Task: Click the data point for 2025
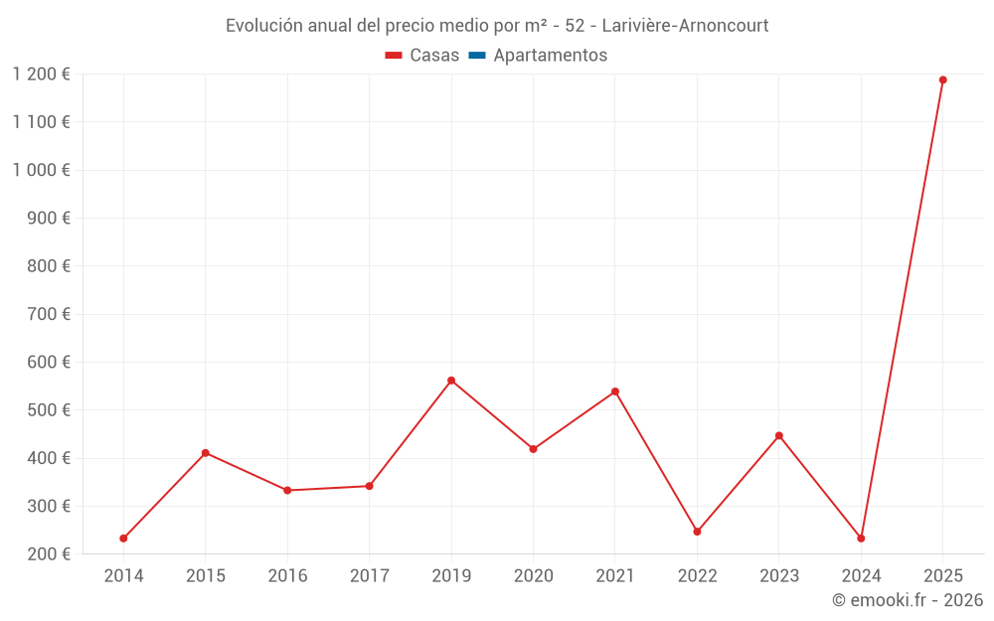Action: [x=942, y=80]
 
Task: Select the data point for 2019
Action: [x=451, y=381]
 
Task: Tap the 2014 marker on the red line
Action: [x=123, y=539]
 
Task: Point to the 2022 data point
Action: [x=697, y=532]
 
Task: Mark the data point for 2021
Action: [x=615, y=391]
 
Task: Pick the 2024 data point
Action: [x=861, y=539]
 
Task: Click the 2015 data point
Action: [x=206, y=453]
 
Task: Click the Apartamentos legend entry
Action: [x=550, y=56]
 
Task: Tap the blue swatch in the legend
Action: [x=477, y=56]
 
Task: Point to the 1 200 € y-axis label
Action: [x=42, y=74]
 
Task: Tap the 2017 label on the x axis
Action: [x=369, y=576]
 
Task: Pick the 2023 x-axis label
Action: [x=778, y=576]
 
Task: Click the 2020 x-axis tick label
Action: [x=533, y=576]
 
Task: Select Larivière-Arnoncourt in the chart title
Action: [x=685, y=26]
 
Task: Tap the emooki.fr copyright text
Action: [x=908, y=600]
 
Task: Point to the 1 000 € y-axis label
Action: [x=42, y=170]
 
